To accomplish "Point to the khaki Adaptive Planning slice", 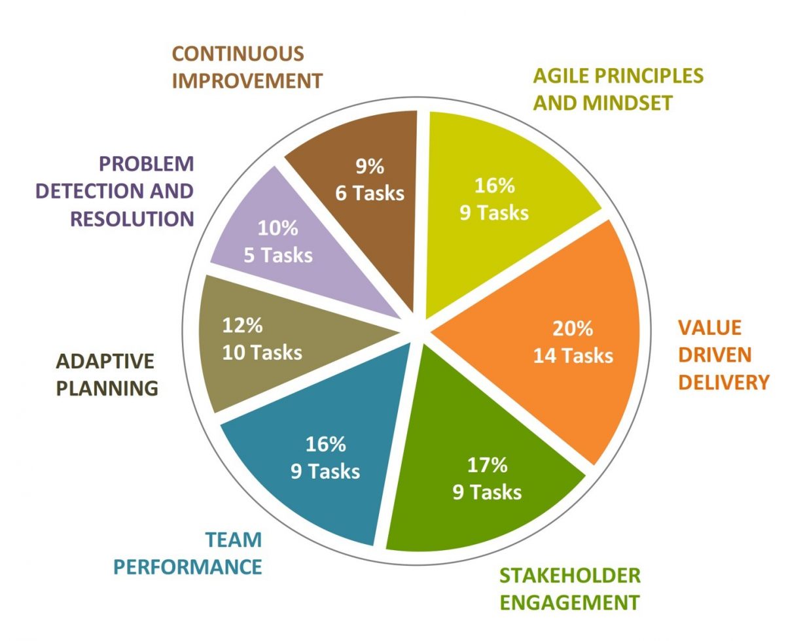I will pyautogui.click(x=262, y=379).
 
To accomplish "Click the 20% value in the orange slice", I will pyautogui.click(x=572, y=328).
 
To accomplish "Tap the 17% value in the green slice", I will pyautogui.click(x=487, y=465).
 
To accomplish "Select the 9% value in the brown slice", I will pyautogui.click(x=370, y=167).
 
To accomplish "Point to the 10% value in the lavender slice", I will pyautogui.click(x=278, y=228).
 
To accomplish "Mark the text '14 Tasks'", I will pyautogui.click(x=573, y=355).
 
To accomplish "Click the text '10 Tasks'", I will pyautogui.click(x=262, y=353).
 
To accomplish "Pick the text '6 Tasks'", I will pyautogui.click(x=370, y=194).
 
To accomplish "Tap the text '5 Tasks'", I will pyautogui.click(x=278, y=255).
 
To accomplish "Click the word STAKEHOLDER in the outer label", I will pyautogui.click(x=569, y=575).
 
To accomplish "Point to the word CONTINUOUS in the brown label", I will pyautogui.click(x=238, y=53).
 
